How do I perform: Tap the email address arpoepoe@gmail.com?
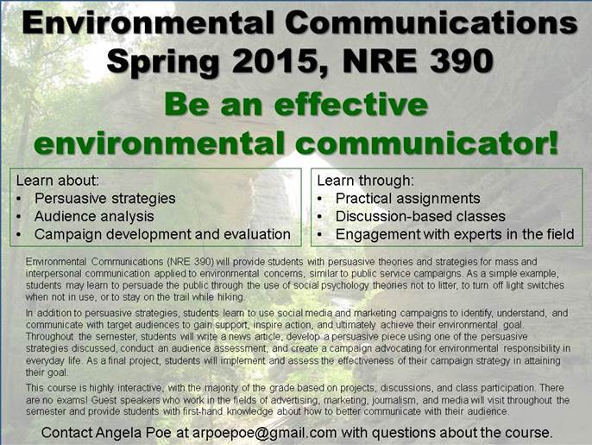(265, 433)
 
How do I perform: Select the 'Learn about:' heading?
(57, 181)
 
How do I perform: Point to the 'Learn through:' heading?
(366, 181)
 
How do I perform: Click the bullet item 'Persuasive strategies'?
(105, 199)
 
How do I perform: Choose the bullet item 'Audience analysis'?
(94, 216)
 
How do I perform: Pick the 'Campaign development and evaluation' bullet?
(162, 234)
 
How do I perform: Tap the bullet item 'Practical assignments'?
(407, 199)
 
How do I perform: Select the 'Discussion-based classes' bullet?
(420, 216)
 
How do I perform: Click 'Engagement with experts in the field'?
(455, 234)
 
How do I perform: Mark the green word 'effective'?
(351, 105)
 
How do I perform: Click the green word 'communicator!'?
(426, 143)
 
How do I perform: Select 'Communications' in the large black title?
(431, 22)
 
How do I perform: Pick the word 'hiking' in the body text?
(231, 297)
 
